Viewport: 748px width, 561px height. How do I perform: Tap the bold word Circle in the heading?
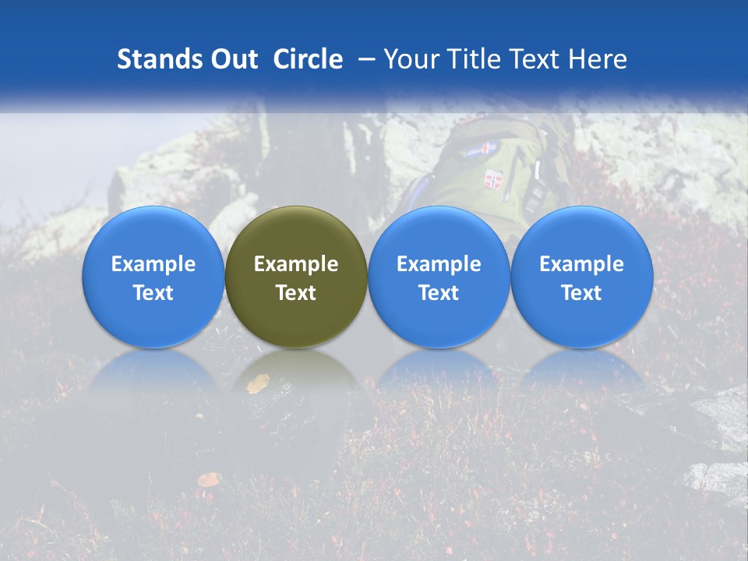(308, 59)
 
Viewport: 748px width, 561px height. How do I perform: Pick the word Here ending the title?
(598, 59)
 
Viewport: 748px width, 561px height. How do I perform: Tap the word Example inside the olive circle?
(296, 264)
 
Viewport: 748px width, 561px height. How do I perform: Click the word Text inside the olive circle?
(296, 293)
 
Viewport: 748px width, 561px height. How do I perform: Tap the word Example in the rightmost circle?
(581, 264)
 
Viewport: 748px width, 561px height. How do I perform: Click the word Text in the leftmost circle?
(153, 293)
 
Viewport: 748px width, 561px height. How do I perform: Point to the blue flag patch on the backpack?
(481, 149)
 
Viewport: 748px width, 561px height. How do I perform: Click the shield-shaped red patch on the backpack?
(492, 180)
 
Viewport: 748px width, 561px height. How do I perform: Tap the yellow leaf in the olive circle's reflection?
(259, 383)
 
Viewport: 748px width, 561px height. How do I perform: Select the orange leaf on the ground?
(209, 479)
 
